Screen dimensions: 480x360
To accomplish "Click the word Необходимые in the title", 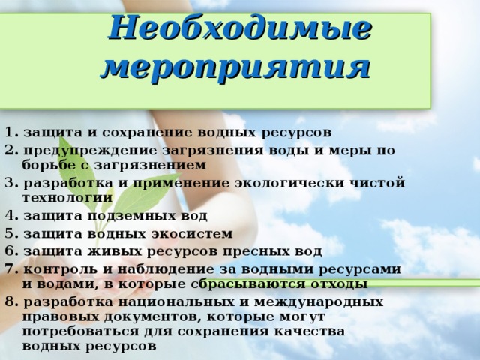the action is (240, 28).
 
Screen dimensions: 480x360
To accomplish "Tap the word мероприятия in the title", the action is (235, 68).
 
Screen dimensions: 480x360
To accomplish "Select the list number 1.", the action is (12, 133).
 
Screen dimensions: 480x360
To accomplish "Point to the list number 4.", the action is (12, 216).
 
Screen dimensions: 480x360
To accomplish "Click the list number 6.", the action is (12, 251).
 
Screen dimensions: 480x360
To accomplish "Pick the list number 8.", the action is (12, 302).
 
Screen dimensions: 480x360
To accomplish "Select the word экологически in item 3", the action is (290, 184).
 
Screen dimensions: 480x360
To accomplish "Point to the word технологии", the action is (67, 198).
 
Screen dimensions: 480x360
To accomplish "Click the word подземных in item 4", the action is (130, 217).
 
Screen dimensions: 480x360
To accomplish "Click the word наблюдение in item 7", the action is (166, 270).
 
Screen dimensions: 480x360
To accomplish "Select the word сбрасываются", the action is (248, 285).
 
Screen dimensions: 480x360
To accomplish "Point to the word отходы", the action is (340, 284).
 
